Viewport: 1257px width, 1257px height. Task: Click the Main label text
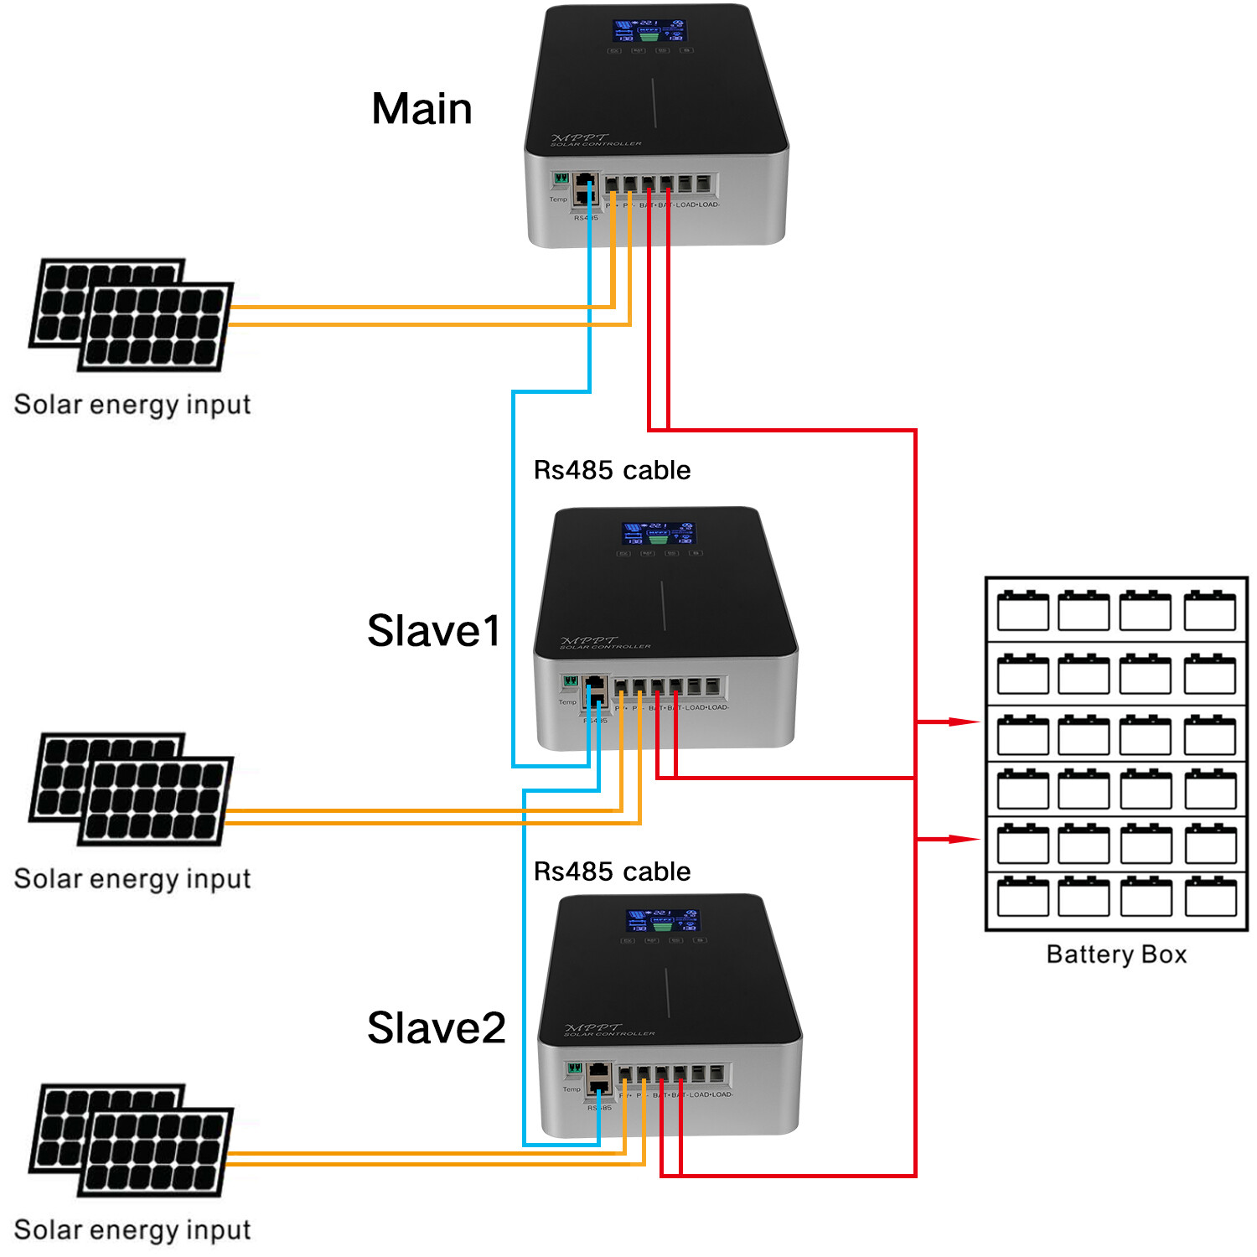click(x=422, y=109)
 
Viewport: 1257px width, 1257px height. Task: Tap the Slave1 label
click(x=434, y=631)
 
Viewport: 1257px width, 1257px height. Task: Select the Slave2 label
click(x=437, y=1028)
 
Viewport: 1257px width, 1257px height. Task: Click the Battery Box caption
click(x=1116, y=954)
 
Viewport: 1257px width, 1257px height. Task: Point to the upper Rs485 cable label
click(x=612, y=470)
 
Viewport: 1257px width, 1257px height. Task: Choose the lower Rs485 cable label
click(x=612, y=872)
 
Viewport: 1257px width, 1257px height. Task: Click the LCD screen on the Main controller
click(x=649, y=31)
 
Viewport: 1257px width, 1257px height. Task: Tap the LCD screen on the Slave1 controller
click(x=659, y=533)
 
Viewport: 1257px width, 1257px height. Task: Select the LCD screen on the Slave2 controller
click(x=663, y=920)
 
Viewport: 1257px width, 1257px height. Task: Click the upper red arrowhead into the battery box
click(x=964, y=722)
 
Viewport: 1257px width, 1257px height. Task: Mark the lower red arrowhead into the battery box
click(x=964, y=839)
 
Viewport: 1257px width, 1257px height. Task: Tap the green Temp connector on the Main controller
click(x=561, y=178)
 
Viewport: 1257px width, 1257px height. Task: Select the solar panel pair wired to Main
click(x=132, y=315)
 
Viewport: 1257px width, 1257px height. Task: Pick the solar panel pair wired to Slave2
click(x=132, y=1140)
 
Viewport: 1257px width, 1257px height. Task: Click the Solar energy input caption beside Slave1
click(x=132, y=879)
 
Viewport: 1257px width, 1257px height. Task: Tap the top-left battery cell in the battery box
click(x=1022, y=611)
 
